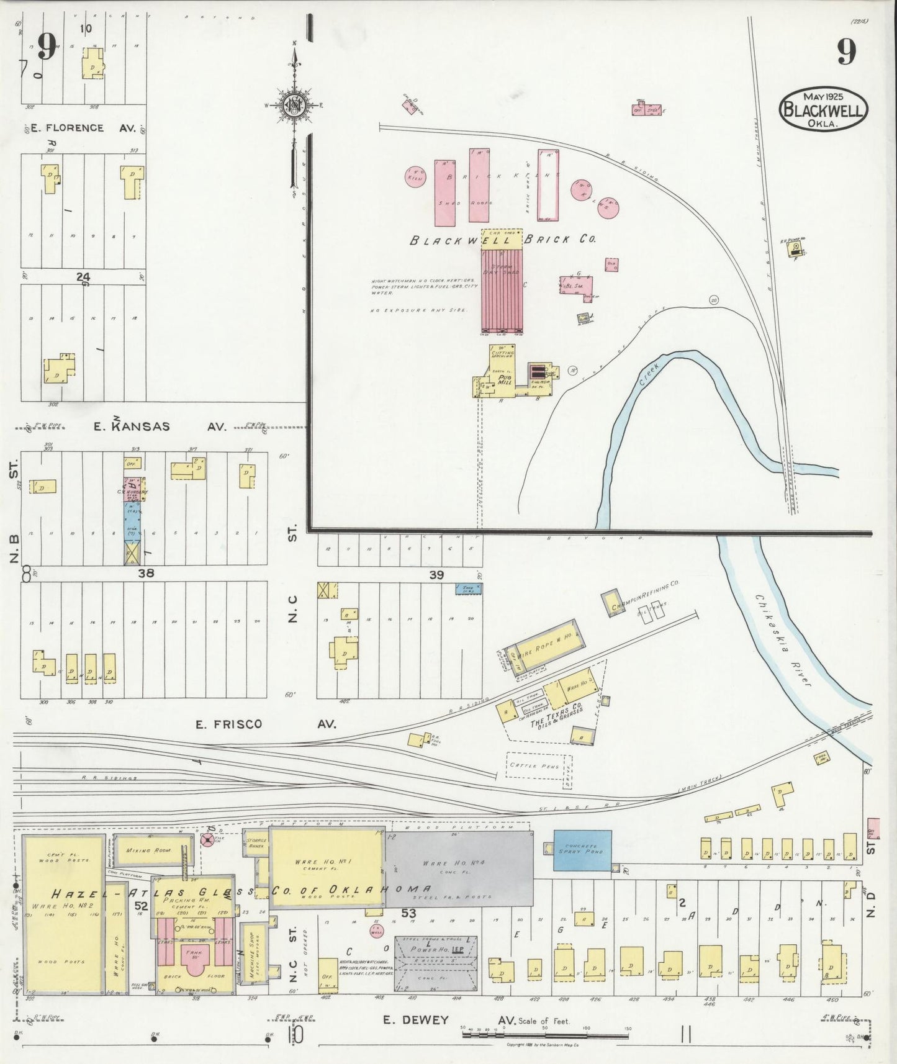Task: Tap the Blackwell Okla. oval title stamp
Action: click(823, 109)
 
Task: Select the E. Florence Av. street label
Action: click(76, 128)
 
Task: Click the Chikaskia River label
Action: click(784, 640)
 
